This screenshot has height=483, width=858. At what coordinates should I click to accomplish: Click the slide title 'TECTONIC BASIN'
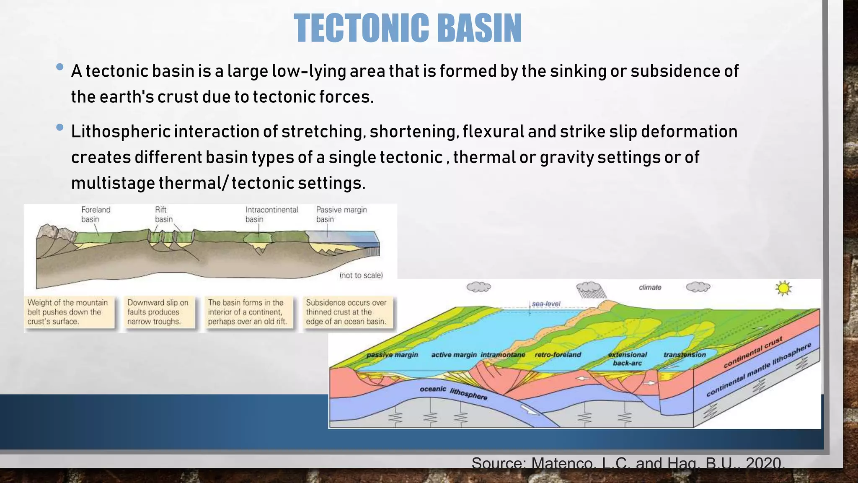pyautogui.click(x=407, y=28)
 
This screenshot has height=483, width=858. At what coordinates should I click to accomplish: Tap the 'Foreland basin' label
pyautogui.click(x=96, y=214)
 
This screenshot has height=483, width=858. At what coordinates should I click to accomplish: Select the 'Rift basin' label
pyautogui.click(x=163, y=214)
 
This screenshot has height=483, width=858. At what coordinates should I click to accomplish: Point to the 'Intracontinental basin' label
pyautogui.click(x=271, y=214)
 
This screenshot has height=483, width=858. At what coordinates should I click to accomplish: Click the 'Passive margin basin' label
pyautogui.click(x=341, y=214)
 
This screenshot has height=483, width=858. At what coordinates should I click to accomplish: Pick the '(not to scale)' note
pyautogui.click(x=361, y=275)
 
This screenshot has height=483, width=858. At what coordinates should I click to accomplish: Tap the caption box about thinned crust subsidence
pyautogui.click(x=348, y=312)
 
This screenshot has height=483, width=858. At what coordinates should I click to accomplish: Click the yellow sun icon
pyautogui.click(x=783, y=288)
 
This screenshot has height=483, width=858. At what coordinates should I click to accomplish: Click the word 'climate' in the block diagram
pyautogui.click(x=650, y=288)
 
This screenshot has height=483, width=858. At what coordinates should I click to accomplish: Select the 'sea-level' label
pyautogui.click(x=546, y=304)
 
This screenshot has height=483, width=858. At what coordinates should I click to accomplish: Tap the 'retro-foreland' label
pyautogui.click(x=558, y=355)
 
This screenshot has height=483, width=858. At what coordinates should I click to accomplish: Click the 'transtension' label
pyautogui.click(x=685, y=355)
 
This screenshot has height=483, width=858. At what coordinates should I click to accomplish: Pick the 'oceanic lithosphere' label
pyautogui.click(x=453, y=392)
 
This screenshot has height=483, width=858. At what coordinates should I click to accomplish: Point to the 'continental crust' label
pyautogui.click(x=753, y=353)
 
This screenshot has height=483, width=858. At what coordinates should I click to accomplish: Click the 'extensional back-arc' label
pyautogui.click(x=627, y=359)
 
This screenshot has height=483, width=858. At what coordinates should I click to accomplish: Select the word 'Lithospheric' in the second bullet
pyautogui.click(x=121, y=132)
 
